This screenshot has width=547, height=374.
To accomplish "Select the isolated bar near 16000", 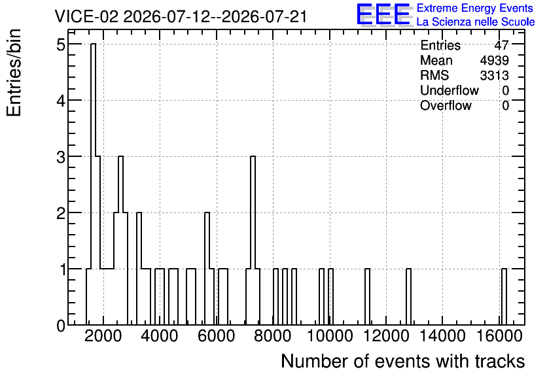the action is [x=504, y=297].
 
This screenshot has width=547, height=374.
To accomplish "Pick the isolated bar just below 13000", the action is [x=408, y=297].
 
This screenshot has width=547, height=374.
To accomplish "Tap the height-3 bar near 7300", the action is [x=253, y=241].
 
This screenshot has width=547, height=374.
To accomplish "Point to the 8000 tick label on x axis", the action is [x=273, y=336].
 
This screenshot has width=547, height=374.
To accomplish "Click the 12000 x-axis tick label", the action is [x=386, y=336].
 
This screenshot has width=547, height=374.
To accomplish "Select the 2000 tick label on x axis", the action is [x=103, y=336].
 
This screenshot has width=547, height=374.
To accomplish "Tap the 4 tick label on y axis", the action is [x=61, y=101].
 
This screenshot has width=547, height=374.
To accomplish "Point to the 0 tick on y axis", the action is [x=61, y=326].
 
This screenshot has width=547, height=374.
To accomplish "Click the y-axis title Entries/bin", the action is [x=14, y=73].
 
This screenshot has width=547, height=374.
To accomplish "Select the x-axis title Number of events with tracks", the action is [x=403, y=361].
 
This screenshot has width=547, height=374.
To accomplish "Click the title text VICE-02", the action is [x=86, y=16].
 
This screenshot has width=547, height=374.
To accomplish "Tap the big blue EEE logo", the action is [x=383, y=14].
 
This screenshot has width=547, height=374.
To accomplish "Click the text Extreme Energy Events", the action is [x=475, y=8].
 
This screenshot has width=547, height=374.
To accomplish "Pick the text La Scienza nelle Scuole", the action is [x=476, y=22].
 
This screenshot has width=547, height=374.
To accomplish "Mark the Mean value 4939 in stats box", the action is [x=494, y=60].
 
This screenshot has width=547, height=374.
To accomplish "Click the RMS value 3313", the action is [x=494, y=75].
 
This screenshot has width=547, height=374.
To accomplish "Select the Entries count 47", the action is [x=502, y=45].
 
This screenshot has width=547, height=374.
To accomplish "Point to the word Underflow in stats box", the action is [x=450, y=90].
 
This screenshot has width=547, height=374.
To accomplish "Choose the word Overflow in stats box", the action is [x=446, y=105].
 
